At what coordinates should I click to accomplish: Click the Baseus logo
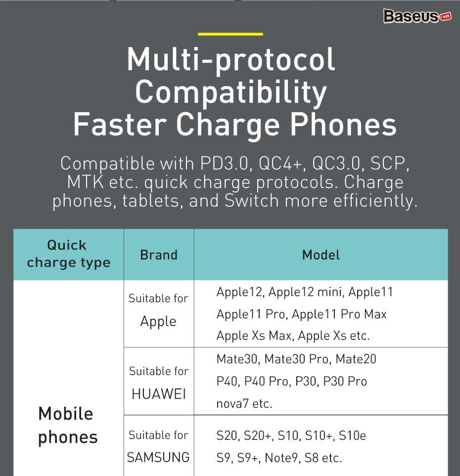tap(417, 16)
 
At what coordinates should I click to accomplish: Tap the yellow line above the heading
tap(230, 34)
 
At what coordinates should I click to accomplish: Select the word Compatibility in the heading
tap(231, 93)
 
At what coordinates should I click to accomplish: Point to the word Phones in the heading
tap(343, 125)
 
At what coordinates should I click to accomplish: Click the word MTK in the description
tap(85, 182)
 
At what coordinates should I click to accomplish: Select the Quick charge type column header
tap(69, 254)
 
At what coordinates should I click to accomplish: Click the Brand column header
tap(159, 255)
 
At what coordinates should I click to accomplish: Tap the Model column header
tap(321, 255)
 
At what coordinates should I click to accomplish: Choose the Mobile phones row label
tap(68, 426)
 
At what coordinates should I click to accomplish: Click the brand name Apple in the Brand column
tap(158, 322)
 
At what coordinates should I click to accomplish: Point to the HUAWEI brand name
tap(159, 394)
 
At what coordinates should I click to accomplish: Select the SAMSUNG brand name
tap(158, 457)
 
